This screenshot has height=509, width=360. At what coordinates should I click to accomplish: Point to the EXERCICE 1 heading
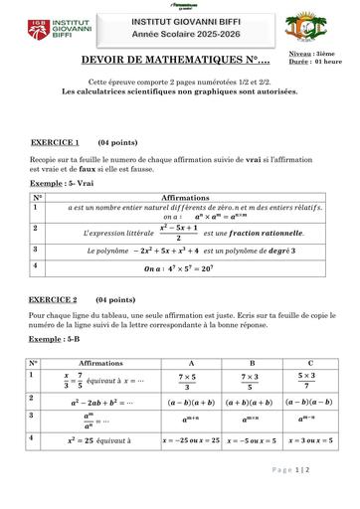click(x=56, y=142)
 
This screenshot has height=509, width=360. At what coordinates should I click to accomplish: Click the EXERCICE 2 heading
click(x=55, y=298)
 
